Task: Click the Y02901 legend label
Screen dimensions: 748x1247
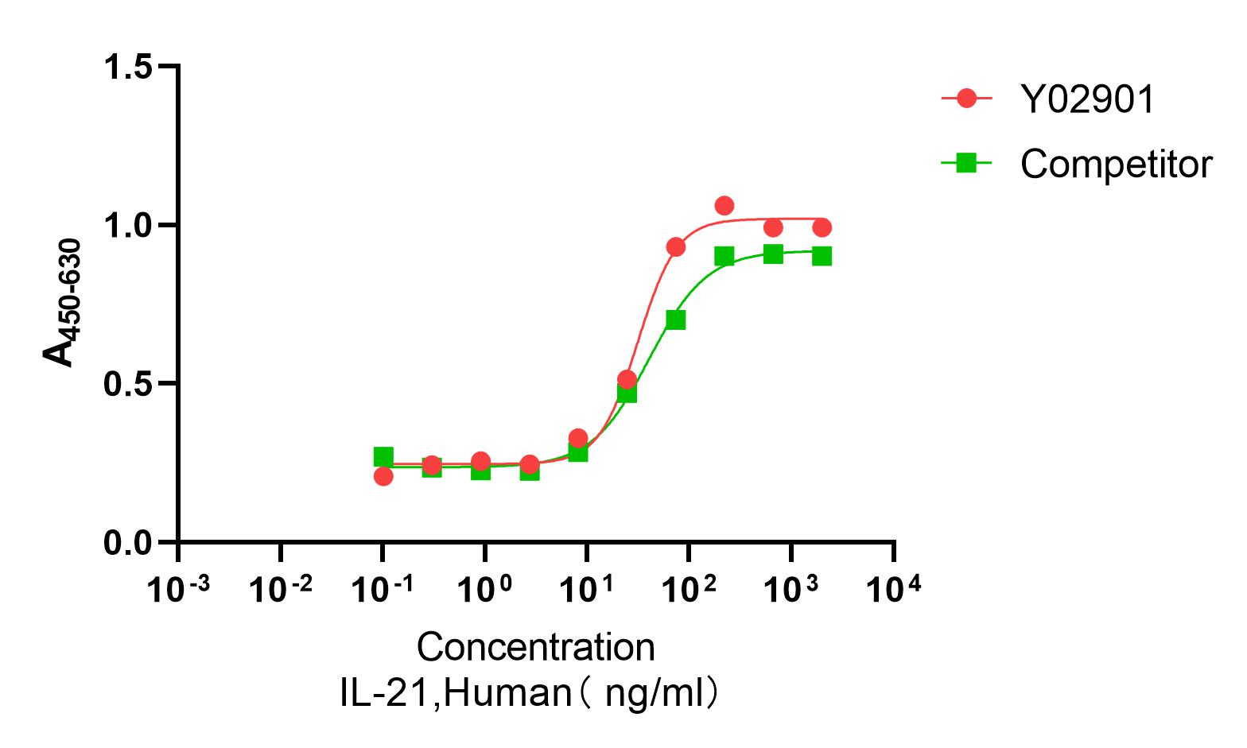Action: [x=1087, y=99]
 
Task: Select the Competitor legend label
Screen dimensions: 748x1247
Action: [x=1116, y=165]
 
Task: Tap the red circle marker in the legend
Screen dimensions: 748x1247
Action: [x=966, y=99]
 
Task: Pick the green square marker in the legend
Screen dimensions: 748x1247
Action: [x=966, y=164]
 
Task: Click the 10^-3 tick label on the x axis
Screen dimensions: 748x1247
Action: [x=179, y=590]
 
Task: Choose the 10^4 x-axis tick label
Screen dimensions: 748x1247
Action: [x=894, y=590]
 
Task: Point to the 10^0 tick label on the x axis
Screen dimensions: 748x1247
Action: [x=484, y=590]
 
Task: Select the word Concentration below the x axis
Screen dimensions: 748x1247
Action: [x=535, y=647]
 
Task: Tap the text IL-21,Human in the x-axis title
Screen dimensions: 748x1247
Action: [x=455, y=693]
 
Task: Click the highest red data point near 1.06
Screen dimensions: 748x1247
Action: [x=724, y=206]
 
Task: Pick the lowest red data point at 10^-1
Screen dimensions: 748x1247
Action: [x=383, y=476]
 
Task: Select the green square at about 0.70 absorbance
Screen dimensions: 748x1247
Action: [x=675, y=320]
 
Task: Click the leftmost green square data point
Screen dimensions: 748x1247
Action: [x=383, y=456]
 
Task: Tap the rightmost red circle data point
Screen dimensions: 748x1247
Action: [x=822, y=228]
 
